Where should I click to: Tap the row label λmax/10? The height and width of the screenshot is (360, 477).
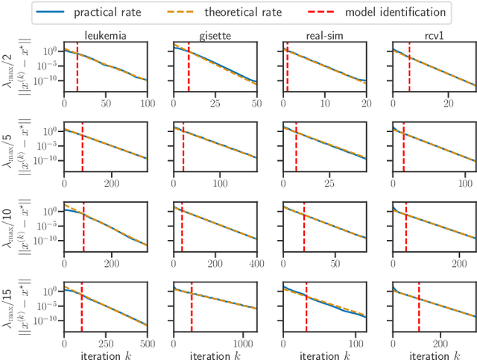coord(10,225)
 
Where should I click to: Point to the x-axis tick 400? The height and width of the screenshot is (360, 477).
coord(256,264)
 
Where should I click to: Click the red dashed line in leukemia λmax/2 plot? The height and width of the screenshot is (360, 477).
coord(78,67)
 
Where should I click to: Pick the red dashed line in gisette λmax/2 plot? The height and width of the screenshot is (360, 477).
coord(189,67)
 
